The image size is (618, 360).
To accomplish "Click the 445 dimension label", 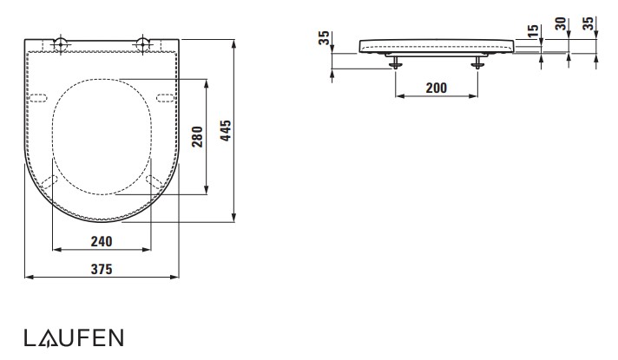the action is coord(226,130).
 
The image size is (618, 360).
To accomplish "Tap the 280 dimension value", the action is coord(197,137).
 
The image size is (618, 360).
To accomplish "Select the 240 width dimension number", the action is coord(102,241).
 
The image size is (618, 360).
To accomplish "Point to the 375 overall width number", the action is coord(102,269).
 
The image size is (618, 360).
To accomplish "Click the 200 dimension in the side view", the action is coord(437,88).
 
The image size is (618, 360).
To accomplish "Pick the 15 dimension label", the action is coord(533,30).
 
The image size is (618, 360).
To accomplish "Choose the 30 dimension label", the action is coord(561,23).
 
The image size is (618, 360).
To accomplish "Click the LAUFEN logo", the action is coord(74,338).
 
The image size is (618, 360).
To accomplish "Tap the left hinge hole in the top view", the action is coord(61,43).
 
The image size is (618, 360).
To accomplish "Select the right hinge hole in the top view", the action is coord(142,43).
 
